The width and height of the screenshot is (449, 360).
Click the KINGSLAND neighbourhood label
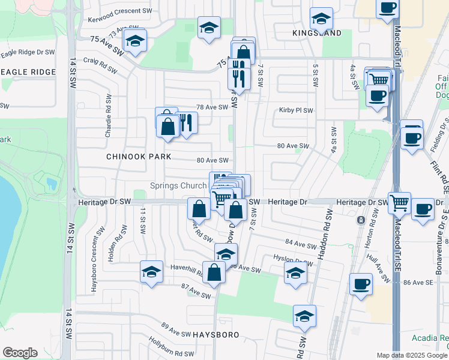[317, 33]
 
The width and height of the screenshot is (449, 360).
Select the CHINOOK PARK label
[139, 157]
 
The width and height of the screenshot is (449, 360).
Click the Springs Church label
[178, 185]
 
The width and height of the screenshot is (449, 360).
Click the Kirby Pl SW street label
[296, 110]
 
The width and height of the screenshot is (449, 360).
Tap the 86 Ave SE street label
[418, 282]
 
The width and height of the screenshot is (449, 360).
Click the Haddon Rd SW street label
[328, 234]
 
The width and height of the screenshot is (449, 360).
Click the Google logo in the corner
[20, 353]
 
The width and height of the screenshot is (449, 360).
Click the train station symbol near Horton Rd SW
[360, 220]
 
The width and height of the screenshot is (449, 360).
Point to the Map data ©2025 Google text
[412, 355]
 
